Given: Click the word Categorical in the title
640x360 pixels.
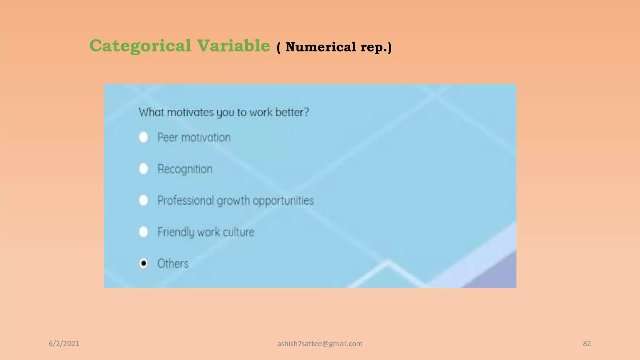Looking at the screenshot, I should pos(140,46).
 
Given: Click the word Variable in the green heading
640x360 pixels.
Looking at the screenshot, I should pos(233,46).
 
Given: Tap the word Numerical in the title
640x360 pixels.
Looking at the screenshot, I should pos(321,47).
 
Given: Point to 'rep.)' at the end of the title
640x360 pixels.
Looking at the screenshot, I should pos(376,47).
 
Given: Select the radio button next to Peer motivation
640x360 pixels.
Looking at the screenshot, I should pos(143,137).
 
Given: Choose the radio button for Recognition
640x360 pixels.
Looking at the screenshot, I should pos(143,169).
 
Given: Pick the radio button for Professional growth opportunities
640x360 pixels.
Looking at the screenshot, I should pos(143,200).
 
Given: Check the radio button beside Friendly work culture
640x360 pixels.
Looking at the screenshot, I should pos(143,232).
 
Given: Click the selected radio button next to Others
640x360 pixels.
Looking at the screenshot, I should pos(143,263).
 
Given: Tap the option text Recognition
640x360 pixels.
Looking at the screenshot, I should pos(185,169).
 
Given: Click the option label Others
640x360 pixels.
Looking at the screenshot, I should pos(173,264).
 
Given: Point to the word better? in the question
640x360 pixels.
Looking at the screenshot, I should pos(292,112).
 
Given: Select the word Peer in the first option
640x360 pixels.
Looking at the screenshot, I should pos(167,137).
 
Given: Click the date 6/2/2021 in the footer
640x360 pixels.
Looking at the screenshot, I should pos(64,344).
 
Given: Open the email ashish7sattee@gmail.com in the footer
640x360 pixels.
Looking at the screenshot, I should pos(320,344).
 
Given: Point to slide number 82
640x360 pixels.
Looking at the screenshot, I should pos(587,344).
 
